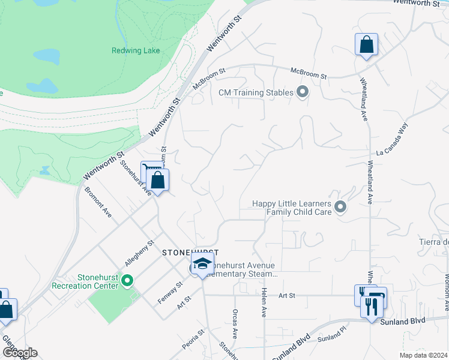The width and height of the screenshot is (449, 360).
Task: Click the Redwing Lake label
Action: click(x=136, y=50)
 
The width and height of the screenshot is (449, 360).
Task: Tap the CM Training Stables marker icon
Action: click(x=303, y=92)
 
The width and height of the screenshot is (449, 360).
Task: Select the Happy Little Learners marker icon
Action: click(x=341, y=207)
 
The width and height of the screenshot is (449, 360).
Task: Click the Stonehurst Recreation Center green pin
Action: click(x=127, y=280)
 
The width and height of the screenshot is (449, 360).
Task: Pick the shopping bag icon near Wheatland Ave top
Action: click(x=366, y=45)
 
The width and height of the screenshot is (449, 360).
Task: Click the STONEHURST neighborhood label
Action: click(x=190, y=253)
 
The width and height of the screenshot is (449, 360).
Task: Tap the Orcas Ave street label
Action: click(x=235, y=325)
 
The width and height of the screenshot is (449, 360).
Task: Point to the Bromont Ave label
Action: click(x=98, y=203)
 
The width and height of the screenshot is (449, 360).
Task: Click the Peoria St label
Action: click(x=194, y=339)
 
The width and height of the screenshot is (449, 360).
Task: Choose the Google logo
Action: click(x=19, y=352)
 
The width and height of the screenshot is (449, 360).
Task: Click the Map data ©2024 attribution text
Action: click(x=423, y=355)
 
